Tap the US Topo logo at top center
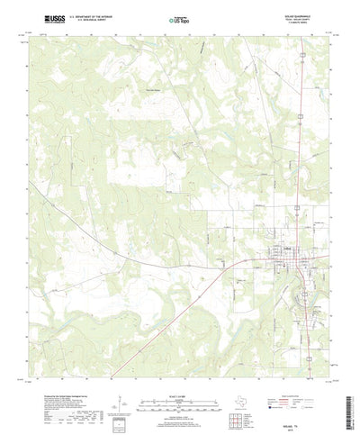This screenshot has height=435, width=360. [180, 18]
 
